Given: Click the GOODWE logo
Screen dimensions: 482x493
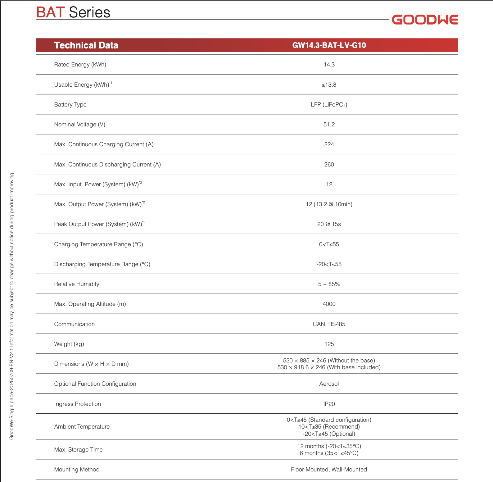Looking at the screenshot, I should (425, 20).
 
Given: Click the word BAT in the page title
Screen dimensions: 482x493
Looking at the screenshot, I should (50, 12).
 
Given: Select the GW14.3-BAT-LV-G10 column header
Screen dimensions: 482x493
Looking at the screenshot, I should (329, 45).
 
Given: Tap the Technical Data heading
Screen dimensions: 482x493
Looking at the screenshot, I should (86, 45).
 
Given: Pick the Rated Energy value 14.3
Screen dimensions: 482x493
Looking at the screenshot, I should (329, 65).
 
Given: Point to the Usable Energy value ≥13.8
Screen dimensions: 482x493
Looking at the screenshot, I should (329, 85).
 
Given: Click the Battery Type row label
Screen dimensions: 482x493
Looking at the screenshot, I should (70, 105).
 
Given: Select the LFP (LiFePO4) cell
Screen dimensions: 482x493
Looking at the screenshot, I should (329, 105).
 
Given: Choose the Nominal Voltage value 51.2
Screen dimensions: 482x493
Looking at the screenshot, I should (329, 125).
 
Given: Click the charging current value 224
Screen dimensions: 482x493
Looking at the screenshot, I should (329, 144).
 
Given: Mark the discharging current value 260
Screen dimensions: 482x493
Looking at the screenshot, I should (329, 165).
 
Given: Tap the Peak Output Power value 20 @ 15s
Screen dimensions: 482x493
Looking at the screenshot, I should (329, 224).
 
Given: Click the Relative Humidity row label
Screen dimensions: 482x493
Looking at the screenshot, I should (77, 284).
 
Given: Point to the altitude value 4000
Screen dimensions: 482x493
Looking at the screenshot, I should (329, 304).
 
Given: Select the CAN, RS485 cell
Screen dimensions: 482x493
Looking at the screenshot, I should (329, 324).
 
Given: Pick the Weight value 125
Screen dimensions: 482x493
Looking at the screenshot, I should (329, 344).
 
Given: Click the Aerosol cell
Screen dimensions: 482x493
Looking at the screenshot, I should (329, 384).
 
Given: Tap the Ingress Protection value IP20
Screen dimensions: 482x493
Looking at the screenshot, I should (329, 404).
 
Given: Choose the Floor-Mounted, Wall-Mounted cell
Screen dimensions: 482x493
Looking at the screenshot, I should (329, 470).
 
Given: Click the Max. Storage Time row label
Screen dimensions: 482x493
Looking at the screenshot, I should (78, 450).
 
